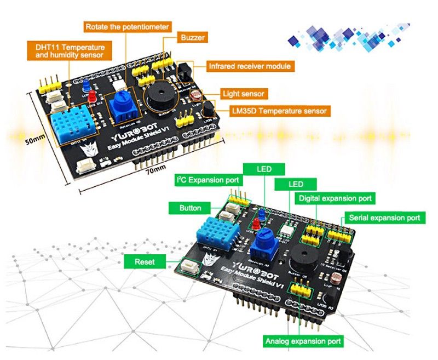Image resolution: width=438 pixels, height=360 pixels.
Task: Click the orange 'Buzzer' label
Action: tap(192, 38)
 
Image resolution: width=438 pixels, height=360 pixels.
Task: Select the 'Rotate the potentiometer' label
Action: tap(127, 26)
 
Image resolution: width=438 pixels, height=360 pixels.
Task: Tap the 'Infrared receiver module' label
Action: tap(250, 67)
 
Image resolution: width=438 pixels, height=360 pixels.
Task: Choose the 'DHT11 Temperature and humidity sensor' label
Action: tap(70, 51)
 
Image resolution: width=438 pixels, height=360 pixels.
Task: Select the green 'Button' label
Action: tap(190, 208)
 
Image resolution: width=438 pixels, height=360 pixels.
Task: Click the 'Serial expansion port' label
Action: tap(383, 218)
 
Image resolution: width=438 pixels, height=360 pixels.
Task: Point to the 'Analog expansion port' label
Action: tap(303, 341)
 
